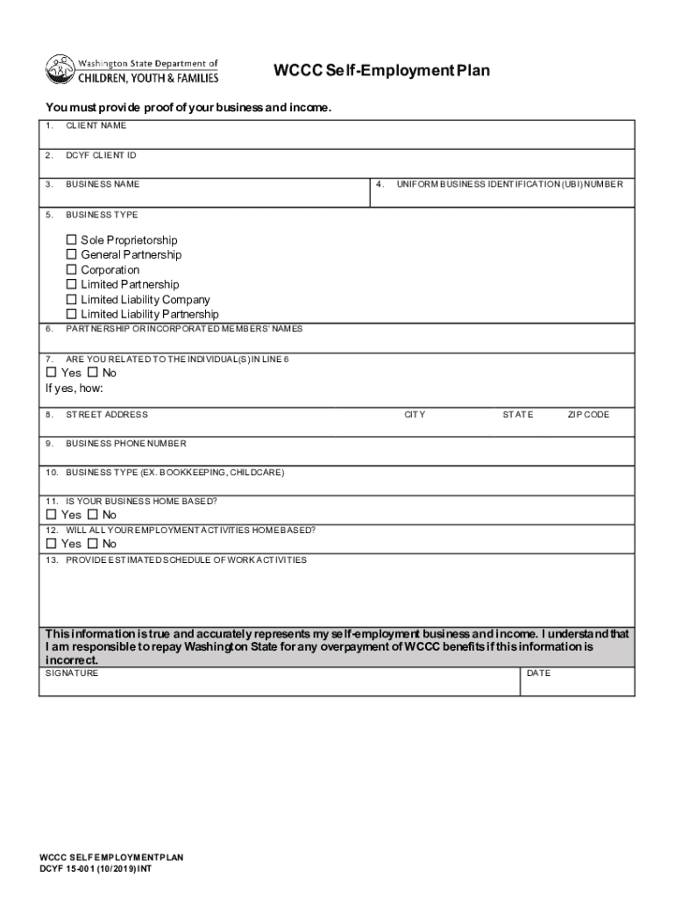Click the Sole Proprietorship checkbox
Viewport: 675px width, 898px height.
click(72, 240)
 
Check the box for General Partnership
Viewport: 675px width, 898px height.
click(72, 255)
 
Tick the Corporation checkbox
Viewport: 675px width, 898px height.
click(72, 270)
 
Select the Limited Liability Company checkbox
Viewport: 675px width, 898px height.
click(72, 300)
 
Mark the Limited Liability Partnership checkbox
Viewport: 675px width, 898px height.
click(72, 314)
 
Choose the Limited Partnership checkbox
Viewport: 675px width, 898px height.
click(72, 285)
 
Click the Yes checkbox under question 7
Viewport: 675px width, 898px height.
click(51, 373)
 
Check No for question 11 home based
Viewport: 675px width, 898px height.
click(93, 515)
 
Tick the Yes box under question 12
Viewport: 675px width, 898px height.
click(51, 544)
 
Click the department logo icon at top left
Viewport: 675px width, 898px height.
click(60, 69)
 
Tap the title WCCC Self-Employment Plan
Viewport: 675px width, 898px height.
click(381, 70)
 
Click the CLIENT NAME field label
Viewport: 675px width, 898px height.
click(96, 125)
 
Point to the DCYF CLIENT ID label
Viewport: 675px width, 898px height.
click(101, 155)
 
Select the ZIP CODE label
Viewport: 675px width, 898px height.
click(588, 415)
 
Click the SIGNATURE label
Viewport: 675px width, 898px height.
click(72, 673)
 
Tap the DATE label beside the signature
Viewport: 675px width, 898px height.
click(538, 673)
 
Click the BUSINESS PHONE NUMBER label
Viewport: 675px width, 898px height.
click(125, 444)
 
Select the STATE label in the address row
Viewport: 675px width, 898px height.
click(517, 415)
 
